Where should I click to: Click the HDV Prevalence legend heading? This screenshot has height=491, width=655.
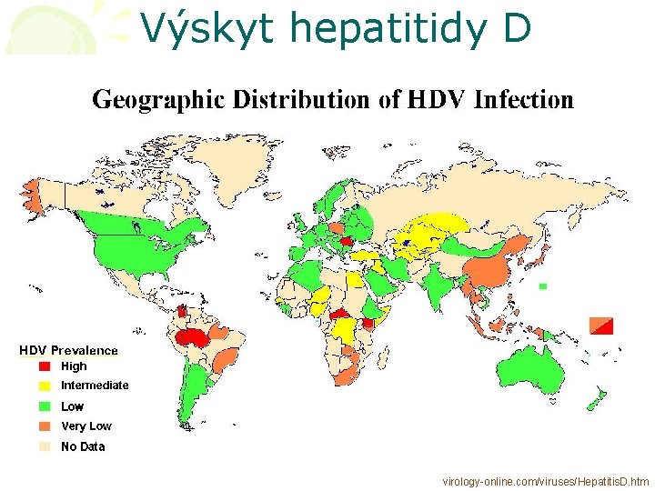click(x=69, y=350)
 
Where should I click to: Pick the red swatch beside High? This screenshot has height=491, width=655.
click(x=45, y=367)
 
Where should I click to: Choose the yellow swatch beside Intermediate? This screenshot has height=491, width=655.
click(x=45, y=386)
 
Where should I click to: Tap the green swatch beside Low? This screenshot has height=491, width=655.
click(x=45, y=406)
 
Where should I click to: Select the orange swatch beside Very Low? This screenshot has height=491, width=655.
click(x=45, y=426)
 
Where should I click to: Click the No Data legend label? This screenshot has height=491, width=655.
click(x=83, y=446)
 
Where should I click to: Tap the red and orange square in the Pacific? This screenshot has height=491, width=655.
click(x=602, y=325)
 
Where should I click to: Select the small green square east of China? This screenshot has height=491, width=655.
click(x=542, y=286)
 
